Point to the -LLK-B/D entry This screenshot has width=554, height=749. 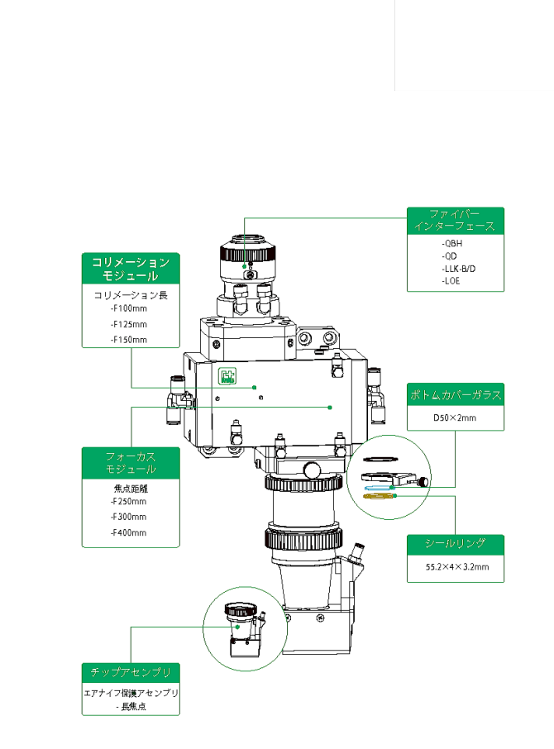(x=459, y=269)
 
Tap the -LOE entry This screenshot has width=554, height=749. (x=451, y=281)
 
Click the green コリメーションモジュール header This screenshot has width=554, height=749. (x=131, y=269)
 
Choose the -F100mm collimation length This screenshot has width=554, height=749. (x=128, y=308)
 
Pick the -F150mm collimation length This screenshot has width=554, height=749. (x=128, y=340)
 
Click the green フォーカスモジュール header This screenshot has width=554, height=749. (x=131, y=462)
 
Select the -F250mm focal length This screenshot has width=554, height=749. (x=128, y=501)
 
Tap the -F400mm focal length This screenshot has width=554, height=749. (x=128, y=532)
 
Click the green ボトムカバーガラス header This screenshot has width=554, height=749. (x=456, y=395)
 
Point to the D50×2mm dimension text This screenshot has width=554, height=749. (x=456, y=418)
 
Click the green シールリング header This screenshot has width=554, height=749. (x=456, y=543)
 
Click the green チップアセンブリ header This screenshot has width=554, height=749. (x=131, y=671)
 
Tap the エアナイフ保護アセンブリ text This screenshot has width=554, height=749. (x=131, y=692)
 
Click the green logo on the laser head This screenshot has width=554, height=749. (x=227, y=376)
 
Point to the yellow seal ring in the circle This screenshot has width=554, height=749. (x=380, y=498)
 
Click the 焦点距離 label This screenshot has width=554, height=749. (x=131, y=487)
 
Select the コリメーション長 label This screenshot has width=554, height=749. (x=131, y=294)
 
